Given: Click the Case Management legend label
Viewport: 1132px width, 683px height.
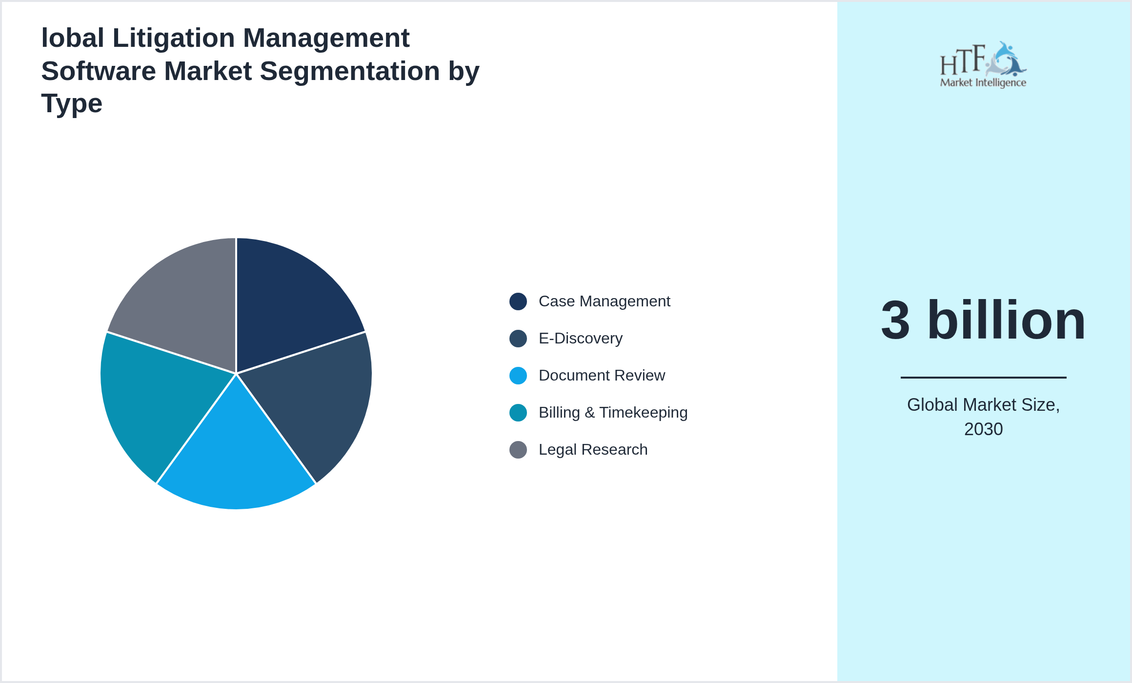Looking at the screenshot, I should point(604,301).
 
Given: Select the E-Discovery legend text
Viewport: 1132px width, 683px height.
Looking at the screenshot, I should point(580,339).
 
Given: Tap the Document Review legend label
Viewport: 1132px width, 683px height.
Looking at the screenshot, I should point(601,376).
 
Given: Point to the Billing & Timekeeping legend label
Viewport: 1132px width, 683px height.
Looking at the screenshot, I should point(613,413).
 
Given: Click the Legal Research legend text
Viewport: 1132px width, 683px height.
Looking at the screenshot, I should point(593,450).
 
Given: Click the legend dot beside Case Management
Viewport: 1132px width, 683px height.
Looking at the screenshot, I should point(518,301).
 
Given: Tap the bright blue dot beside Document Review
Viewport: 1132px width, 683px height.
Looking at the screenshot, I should point(518,376).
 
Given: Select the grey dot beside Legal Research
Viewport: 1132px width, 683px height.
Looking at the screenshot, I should point(518,450).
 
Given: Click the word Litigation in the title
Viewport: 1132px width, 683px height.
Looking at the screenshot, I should point(174,38).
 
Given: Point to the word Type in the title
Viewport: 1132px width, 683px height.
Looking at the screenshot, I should point(72,103).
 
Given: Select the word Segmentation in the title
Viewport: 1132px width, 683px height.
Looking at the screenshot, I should point(350,71).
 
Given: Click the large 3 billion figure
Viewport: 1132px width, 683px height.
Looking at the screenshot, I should point(983,321).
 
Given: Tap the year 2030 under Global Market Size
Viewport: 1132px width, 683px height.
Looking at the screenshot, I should point(983,429).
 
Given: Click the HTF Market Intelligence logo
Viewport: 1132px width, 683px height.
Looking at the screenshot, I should point(983,65).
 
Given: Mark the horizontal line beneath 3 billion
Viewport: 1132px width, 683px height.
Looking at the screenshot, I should point(983,377).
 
